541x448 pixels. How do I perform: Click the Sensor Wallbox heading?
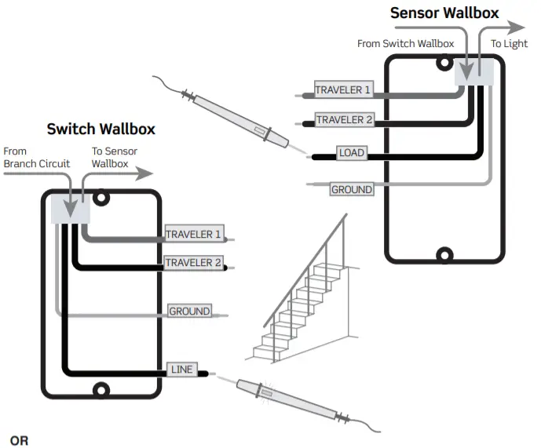coord(444,13)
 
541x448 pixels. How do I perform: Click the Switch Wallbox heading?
coord(101,129)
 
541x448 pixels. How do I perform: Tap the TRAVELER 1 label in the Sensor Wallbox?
coord(343,90)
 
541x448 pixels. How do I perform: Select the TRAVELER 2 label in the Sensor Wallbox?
coord(343,120)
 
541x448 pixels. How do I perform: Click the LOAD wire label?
coord(351,152)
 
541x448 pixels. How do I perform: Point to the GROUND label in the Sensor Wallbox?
coord(351,189)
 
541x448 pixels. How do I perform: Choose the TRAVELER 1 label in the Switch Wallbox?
coord(193,234)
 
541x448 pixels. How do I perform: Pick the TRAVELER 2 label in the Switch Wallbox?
coord(193,262)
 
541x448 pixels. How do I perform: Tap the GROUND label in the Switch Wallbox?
coord(189,311)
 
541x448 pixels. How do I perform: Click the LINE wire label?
coord(181,370)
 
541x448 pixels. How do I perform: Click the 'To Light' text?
coord(509,44)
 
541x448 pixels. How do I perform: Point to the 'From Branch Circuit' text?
coord(36,157)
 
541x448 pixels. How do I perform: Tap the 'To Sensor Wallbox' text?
coord(115,157)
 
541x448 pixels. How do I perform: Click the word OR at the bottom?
coord(19,440)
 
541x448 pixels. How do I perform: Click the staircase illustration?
coord(302,302)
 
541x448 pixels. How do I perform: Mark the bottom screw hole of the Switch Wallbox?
coord(101,390)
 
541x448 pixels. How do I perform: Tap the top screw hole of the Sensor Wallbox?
coord(444,63)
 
